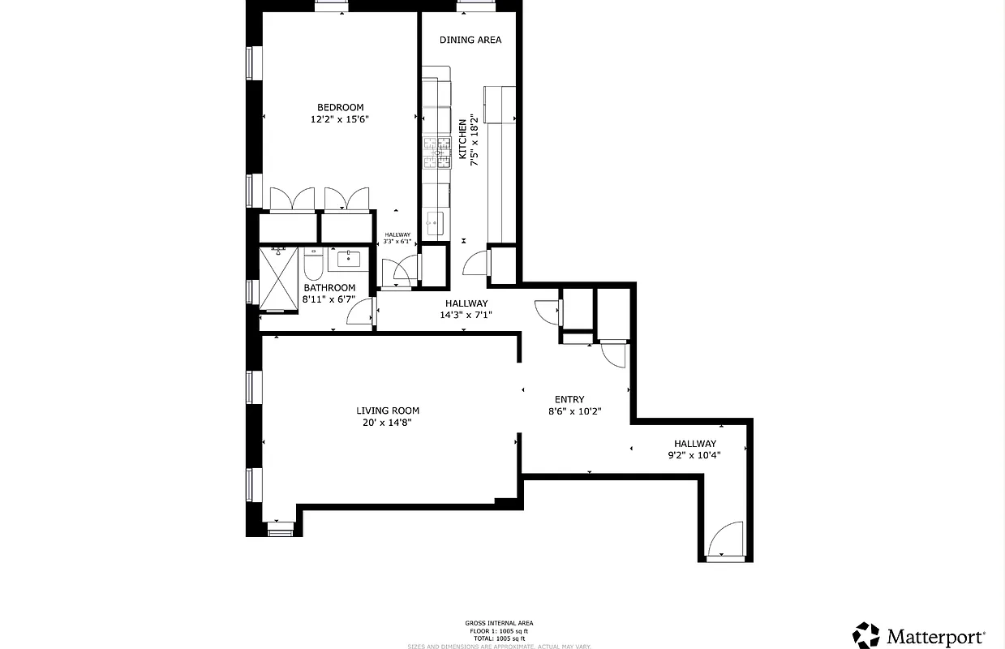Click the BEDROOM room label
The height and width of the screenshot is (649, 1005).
pyautogui.click(x=340, y=107)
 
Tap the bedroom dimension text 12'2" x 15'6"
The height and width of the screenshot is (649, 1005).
pyautogui.click(x=340, y=119)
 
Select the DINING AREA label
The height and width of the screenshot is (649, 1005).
pyautogui.click(x=470, y=40)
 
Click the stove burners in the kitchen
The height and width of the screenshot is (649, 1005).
pyautogui.click(x=436, y=152)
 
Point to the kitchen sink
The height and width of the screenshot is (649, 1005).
pyautogui.click(x=435, y=221)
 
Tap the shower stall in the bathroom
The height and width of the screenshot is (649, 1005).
pyautogui.click(x=278, y=279)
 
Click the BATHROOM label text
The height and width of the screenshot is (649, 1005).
pyautogui.click(x=329, y=288)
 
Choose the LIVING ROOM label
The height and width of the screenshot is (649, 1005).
pyautogui.click(x=388, y=410)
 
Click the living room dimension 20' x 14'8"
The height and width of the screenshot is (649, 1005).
pyautogui.click(x=388, y=422)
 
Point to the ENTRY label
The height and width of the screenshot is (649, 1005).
pyautogui.click(x=569, y=399)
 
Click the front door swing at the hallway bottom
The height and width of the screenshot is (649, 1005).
pyautogui.click(x=724, y=539)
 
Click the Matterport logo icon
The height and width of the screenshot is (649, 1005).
pyautogui.click(x=866, y=635)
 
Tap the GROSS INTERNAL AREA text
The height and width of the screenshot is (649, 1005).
pyautogui.click(x=499, y=623)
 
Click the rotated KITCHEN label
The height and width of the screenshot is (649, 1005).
pyautogui.click(x=463, y=139)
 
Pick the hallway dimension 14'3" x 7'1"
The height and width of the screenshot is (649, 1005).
pyautogui.click(x=466, y=315)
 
